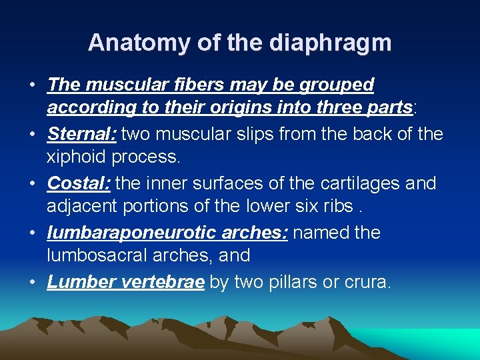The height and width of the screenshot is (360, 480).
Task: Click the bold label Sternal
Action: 81,134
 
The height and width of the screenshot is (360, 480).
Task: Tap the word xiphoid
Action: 78,157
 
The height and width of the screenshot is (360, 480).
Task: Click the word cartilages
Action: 360,183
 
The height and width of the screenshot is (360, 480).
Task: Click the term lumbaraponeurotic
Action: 133,233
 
